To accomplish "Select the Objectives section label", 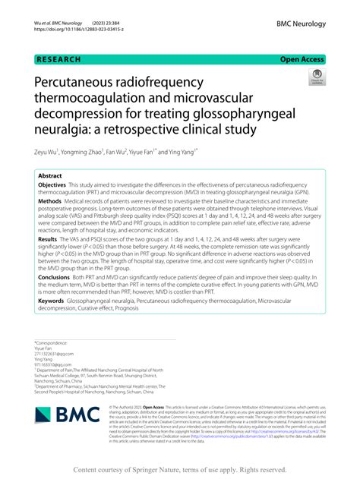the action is click(x=52, y=185).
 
